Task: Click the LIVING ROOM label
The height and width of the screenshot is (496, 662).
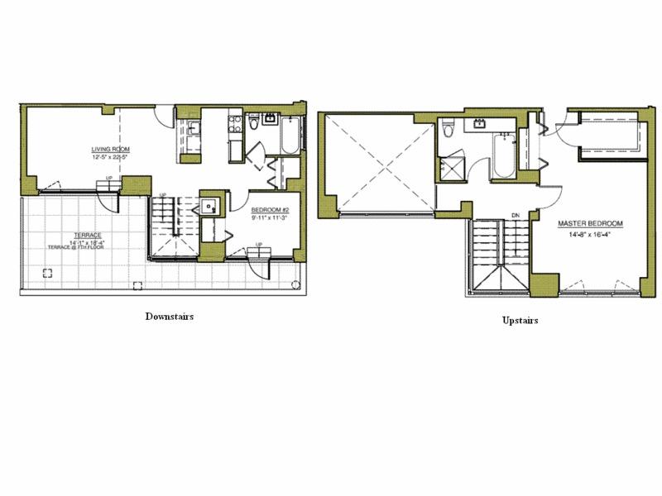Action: pyautogui.click(x=110, y=150)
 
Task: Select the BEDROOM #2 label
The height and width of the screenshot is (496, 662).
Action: pyautogui.click(x=270, y=211)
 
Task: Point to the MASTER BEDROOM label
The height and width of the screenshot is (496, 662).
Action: pyautogui.click(x=590, y=224)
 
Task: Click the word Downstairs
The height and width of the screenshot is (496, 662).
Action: pyautogui.click(x=169, y=317)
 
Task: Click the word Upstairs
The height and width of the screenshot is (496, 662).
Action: pyautogui.click(x=520, y=320)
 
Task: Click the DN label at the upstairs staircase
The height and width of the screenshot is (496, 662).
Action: pyautogui.click(x=515, y=216)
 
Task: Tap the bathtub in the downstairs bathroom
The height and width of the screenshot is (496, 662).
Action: pyautogui.click(x=289, y=136)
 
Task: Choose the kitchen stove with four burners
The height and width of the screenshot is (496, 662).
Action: pyautogui.click(x=234, y=125)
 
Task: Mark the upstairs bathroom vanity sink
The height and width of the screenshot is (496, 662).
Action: pyautogui.click(x=479, y=126)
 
